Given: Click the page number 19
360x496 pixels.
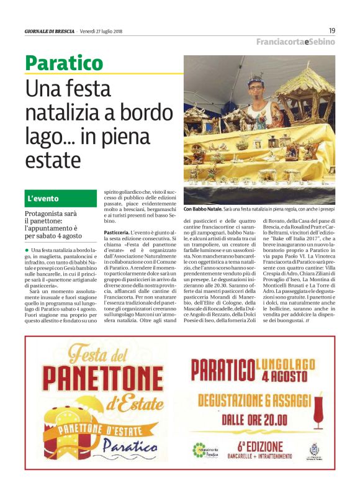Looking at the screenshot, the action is click(331, 30).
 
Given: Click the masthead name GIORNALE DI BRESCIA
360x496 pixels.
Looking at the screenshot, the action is click(50, 31).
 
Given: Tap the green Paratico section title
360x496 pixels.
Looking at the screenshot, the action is click(64, 63).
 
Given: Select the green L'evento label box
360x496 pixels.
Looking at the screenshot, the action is click(61, 199).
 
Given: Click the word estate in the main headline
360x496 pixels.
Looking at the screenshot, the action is click(53, 160).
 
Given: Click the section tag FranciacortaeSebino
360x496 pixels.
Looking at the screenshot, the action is click(296, 42).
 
